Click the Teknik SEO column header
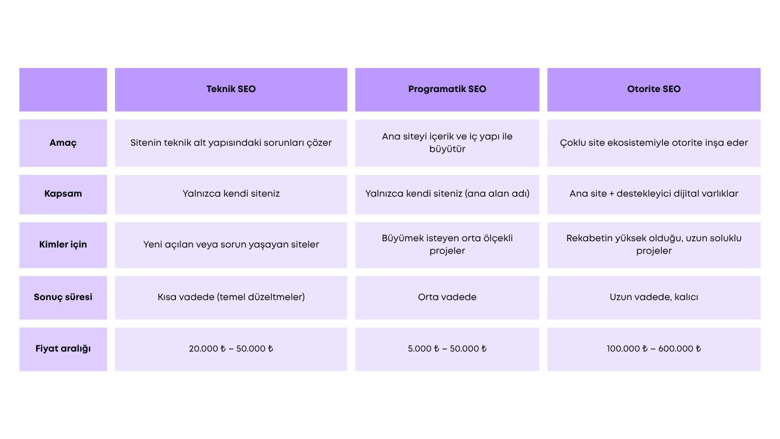[231, 89]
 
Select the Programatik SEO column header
[447, 89]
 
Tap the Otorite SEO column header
[654, 89]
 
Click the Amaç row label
[63, 143]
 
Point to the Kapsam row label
[63, 194]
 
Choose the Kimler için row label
[63, 245]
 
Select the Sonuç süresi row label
[63, 297]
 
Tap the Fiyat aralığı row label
[63, 349]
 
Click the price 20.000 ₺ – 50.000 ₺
[231, 349]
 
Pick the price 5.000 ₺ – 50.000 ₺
[447, 349]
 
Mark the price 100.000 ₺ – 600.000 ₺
[654, 349]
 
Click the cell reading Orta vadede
[447, 297]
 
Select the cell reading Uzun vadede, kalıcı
[654, 297]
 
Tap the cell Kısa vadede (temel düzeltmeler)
[231, 297]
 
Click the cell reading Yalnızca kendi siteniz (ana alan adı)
[447, 194]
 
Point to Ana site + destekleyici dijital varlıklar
[654, 194]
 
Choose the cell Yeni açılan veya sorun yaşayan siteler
[231, 245]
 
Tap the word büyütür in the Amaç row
[447, 149]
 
